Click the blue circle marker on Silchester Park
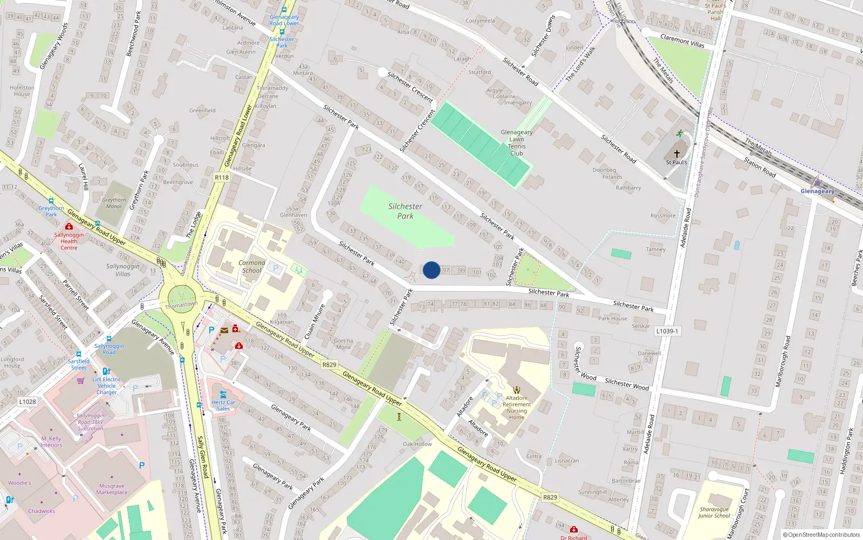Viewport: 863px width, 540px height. click(x=432, y=270)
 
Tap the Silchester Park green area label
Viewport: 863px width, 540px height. click(x=405, y=211)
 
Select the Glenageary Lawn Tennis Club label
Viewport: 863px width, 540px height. click(x=516, y=143)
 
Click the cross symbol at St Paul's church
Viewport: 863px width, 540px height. click(x=677, y=154)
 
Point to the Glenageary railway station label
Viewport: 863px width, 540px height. click(x=817, y=191)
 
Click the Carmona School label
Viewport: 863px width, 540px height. click(x=252, y=267)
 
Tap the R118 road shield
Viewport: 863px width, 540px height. click(x=222, y=177)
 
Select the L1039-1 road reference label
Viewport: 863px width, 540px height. click(x=667, y=331)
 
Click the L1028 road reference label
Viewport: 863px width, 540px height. click(x=28, y=402)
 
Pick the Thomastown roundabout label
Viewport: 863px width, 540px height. click(x=181, y=305)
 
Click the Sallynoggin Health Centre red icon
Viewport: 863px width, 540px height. click(x=69, y=226)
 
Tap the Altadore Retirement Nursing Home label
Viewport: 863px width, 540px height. click(x=517, y=408)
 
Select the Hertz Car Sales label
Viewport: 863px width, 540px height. click(x=223, y=406)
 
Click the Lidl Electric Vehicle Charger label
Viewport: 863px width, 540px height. click(x=107, y=386)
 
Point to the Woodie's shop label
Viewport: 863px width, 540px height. click(x=19, y=483)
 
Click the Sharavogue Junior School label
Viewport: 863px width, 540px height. click(x=714, y=512)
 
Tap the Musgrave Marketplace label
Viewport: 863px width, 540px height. click(x=112, y=489)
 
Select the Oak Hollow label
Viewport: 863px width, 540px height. click(x=417, y=444)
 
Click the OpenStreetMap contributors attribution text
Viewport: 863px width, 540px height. click(x=821, y=535)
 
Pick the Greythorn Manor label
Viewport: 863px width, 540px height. click(x=114, y=203)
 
